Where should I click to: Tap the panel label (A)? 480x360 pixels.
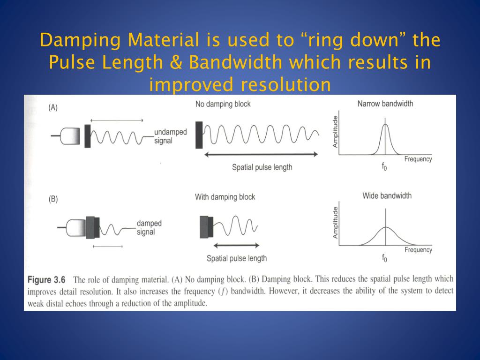(x=53, y=107)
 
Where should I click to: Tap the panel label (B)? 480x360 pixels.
(x=53, y=199)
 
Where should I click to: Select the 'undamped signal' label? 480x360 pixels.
(x=170, y=136)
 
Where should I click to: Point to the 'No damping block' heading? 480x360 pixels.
(x=223, y=104)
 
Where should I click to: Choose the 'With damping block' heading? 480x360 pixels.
(x=225, y=197)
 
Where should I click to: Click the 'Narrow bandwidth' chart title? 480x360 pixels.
(x=385, y=104)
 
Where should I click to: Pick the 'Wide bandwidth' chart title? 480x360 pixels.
(x=387, y=195)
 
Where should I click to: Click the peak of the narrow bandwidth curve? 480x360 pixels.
(x=385, y=125)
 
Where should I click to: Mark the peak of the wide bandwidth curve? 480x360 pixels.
(x=385, y=227)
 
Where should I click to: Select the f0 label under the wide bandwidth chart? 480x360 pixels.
(x=384, y=257)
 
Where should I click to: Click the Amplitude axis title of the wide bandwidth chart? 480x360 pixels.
(x=335, y=223)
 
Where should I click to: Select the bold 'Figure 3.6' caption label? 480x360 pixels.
(x=46, y=280)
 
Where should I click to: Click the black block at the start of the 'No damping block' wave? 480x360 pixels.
(x=199, y=135)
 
